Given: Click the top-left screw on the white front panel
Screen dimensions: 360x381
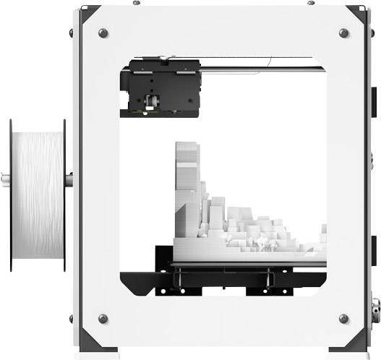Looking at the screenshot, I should [103, 33].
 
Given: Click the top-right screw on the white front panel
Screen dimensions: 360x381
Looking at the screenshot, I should [343, 33].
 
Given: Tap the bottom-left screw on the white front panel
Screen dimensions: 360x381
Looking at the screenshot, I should [103, 318].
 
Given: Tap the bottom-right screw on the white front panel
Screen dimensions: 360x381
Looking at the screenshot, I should [343, 318].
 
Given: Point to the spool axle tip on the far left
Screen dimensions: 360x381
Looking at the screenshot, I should [5, 176].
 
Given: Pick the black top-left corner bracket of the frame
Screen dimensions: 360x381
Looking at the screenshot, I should [88, 12].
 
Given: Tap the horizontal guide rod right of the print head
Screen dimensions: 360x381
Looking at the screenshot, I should [260, 68].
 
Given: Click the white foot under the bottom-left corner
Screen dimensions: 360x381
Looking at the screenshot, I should [101, 355].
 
